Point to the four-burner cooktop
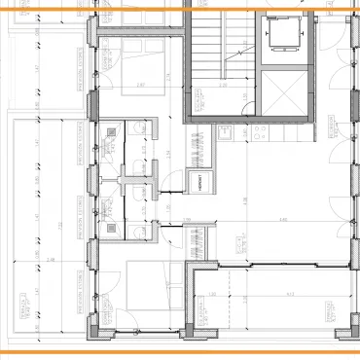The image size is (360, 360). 237,244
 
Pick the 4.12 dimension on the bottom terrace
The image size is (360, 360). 289,295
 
